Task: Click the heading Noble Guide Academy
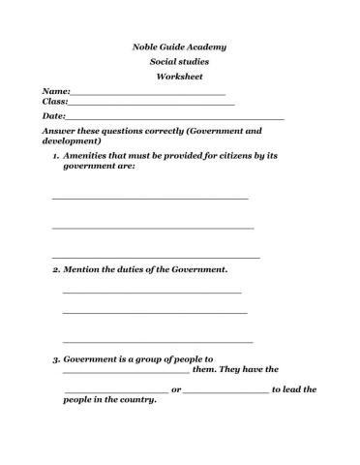click(x=179, y=46)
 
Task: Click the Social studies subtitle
click(x=179, y=61)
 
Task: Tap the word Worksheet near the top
click(x=179, y=76)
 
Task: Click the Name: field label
click(x=56, y=90)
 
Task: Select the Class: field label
click(x=55, y=101)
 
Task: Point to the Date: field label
click(x=54, y=116)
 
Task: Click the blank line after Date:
click(x=174, y=118)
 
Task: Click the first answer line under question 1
click(x=150, y=198)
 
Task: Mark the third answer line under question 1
click(x=155, y=258)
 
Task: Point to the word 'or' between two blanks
click(x=175, y=389)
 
